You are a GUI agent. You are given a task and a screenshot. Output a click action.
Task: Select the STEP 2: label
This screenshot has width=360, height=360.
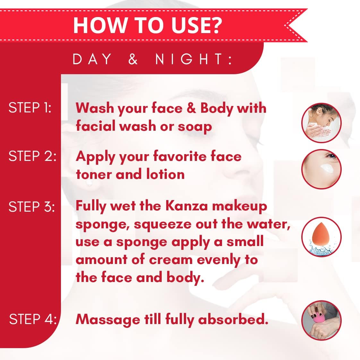pos(32,156)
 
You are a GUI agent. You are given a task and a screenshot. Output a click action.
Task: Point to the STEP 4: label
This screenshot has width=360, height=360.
pos(33,319)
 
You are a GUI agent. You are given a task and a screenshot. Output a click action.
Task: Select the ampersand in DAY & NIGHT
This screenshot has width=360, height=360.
pos(133,59)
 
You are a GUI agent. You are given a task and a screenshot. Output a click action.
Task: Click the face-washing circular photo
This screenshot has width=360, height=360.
pos(321,123)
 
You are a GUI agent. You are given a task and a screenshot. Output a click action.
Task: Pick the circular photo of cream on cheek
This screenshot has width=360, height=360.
pos(321,169)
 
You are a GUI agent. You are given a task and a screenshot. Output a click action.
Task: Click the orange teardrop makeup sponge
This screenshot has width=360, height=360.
pos(321,235)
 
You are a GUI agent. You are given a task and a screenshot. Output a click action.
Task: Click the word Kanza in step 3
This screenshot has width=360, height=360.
pos(186,206)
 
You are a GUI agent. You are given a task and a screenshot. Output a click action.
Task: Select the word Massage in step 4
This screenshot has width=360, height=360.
pos(108,320)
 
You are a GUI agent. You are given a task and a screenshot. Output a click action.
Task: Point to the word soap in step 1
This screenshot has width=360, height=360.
pos(195,127)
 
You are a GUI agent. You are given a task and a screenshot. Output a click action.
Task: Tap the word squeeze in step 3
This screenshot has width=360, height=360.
pos(162,224)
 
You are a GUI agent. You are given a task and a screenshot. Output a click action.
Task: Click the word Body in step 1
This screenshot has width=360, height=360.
pos(217,108)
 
